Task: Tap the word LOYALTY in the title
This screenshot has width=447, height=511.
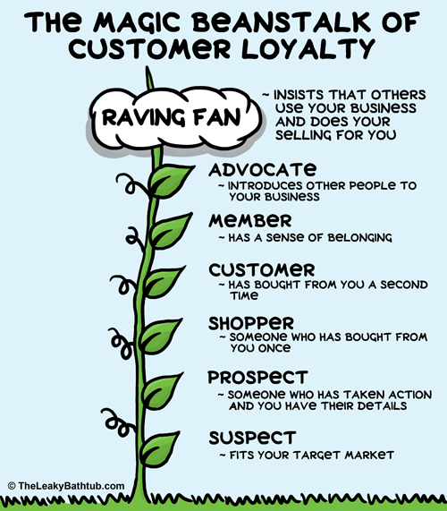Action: click(x=308, y=49)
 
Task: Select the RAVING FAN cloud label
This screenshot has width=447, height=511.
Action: click(x=172, y=117)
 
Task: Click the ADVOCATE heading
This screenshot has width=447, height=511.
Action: click(x=263, y=170)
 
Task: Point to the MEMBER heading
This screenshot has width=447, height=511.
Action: click(x=249, y=221)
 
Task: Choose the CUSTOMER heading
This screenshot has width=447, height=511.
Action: click(x=262, y=270)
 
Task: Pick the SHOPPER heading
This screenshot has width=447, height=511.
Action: click(x=251, y=323)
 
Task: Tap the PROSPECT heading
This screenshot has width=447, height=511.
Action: click(x=257, y=377)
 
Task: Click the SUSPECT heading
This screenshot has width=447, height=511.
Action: click(x=252, y=438)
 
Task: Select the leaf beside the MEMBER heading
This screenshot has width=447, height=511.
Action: click(x=169, y=230)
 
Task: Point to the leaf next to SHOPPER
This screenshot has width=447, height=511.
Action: click(x=158, y=336)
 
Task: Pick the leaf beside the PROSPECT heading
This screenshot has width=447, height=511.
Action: click(x=161, y=391)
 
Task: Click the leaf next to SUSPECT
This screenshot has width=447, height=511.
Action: click(x=158, y=449)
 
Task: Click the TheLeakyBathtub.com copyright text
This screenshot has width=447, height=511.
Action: click(x=66, y=486)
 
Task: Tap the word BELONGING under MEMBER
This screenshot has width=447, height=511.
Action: click(x=359, y=237)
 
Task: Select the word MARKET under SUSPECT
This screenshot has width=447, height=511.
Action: click(x=369, y=455)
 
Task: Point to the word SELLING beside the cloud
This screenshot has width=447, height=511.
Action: click(x=303, y=135)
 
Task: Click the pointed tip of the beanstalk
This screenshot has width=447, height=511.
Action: click(x=148, y=67)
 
